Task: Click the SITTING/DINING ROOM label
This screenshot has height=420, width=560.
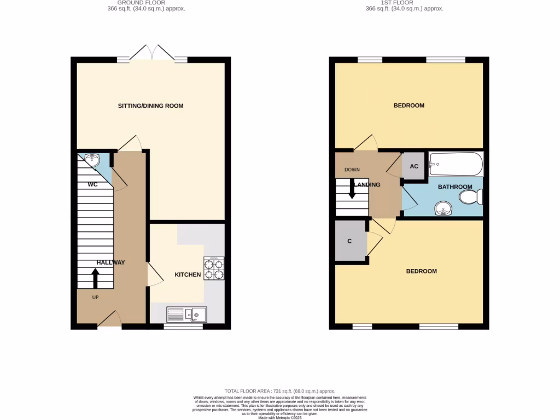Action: [x=150, y=106]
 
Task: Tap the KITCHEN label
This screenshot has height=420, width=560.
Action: [x=188, y=275]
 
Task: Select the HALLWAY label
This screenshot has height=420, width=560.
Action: [x=110, y=262]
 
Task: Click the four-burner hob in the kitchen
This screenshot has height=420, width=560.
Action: [x=213, y=269]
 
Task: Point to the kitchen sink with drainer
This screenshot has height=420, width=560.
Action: [x=186, y=314]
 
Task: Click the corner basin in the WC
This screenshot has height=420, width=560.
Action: [x=92, y=160]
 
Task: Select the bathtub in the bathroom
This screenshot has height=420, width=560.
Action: [x=456, y=163]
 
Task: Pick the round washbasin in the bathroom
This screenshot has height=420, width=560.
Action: [x=444, y=208]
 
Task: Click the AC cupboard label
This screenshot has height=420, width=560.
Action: [x=414, y=166]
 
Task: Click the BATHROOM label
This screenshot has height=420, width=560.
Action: [x=455, y=187]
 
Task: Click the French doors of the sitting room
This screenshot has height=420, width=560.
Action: [x=153, y=55]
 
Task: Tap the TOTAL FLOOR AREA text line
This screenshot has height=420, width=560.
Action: [x=279, y=391]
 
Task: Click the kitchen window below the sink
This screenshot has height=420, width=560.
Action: [x=183, y=326]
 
